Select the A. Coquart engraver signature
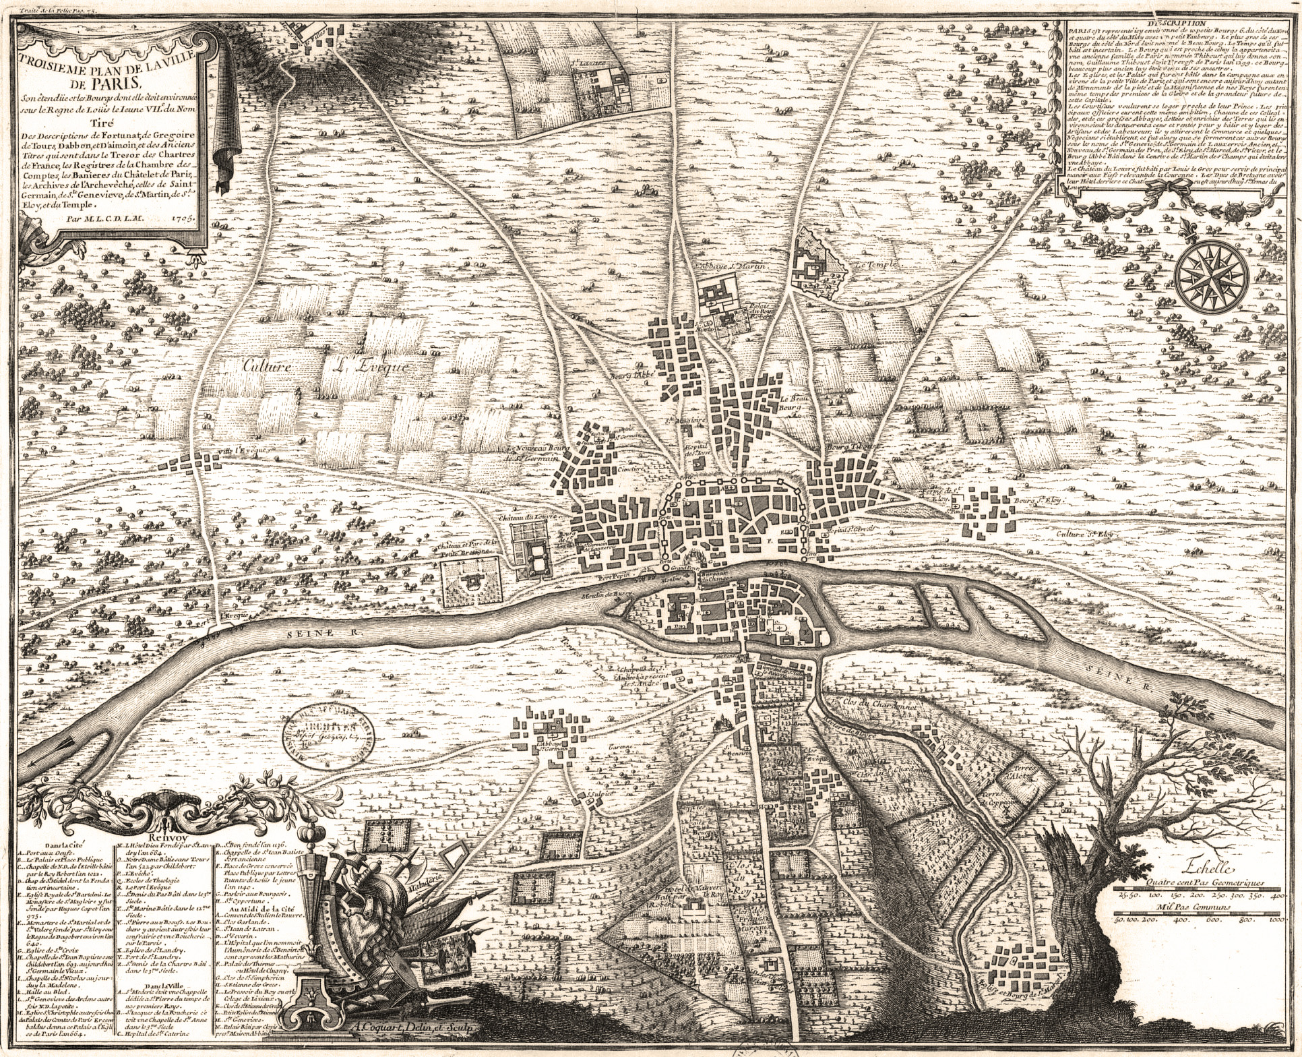(406, 1029)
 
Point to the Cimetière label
(633, 465)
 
